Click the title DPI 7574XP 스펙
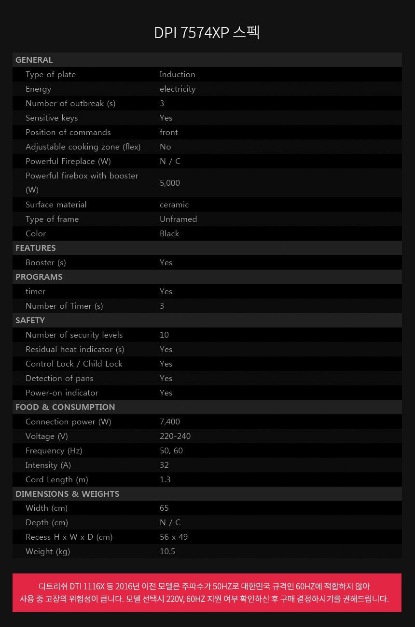pos(207,32)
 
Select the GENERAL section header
pos(34,60)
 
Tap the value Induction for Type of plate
pos(177,74)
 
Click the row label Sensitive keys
pos(52,118)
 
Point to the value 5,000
pos(169,183)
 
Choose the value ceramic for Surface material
pos(174,204)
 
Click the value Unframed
pos(178,219)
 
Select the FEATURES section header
pos(35,248)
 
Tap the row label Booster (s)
pos(46,262)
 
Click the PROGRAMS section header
pos(39,277)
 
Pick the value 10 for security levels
pos(164,335)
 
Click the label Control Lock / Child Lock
pos(74,364)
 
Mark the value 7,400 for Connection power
pos(169,422)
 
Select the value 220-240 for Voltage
pos(175,436)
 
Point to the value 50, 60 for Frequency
pos(171,450)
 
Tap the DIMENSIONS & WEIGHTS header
pos(67,494)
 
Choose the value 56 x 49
pos(173,537)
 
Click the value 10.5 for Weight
pos(167,551)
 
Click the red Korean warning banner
pos(207,593)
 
